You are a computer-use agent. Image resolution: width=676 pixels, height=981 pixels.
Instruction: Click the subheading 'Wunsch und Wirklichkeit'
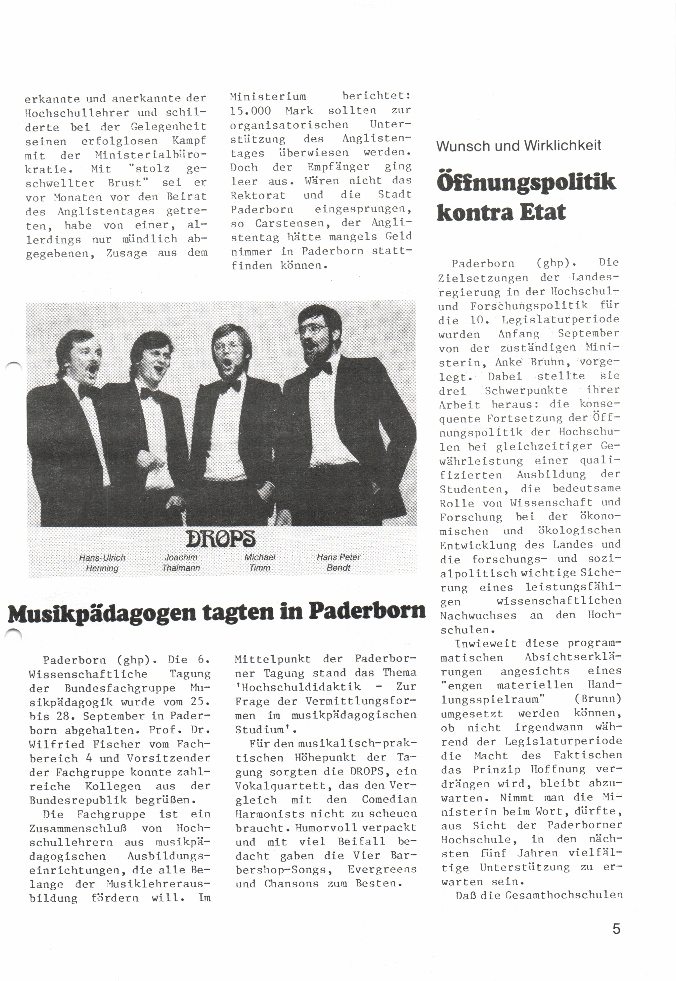518,146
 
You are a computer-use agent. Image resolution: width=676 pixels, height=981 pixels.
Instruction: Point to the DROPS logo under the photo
220,539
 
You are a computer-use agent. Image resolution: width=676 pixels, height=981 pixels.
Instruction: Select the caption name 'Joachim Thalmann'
181,562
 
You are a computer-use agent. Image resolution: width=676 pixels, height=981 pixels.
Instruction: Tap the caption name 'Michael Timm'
260,562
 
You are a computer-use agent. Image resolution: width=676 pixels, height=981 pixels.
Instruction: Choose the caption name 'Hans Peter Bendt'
338,562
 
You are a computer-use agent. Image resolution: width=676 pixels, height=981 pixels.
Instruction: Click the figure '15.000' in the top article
250,111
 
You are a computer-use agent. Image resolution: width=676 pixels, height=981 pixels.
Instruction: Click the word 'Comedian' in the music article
389,799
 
